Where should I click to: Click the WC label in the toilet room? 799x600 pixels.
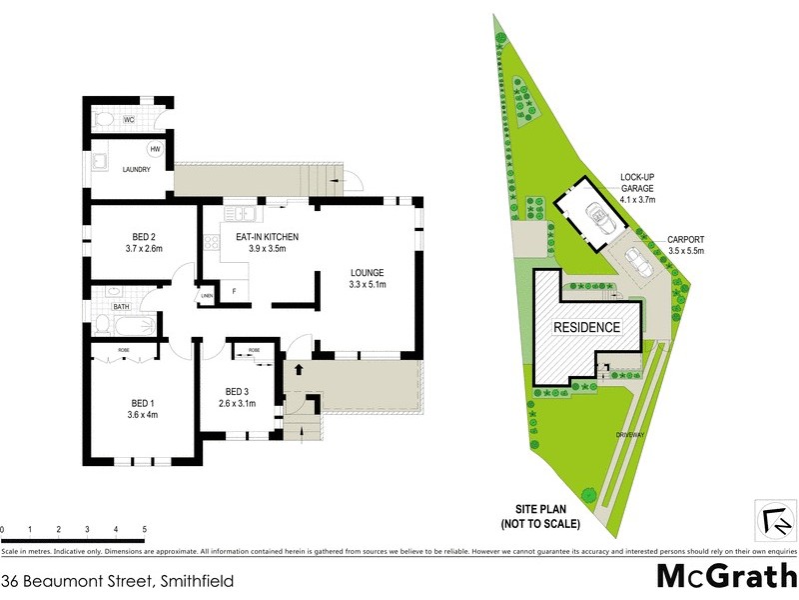129,120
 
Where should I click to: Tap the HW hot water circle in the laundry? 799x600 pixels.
156,149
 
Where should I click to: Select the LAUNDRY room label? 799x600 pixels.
135,170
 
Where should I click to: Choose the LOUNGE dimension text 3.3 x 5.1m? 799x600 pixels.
367,285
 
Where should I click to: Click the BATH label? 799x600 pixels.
121,307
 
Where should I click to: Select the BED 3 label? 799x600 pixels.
237,391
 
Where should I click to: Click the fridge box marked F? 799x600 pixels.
234,291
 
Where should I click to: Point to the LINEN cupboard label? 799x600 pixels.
207,296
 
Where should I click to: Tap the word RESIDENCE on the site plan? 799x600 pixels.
586,327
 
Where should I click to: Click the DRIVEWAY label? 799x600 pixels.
629,437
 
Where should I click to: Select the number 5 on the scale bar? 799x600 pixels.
145,528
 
